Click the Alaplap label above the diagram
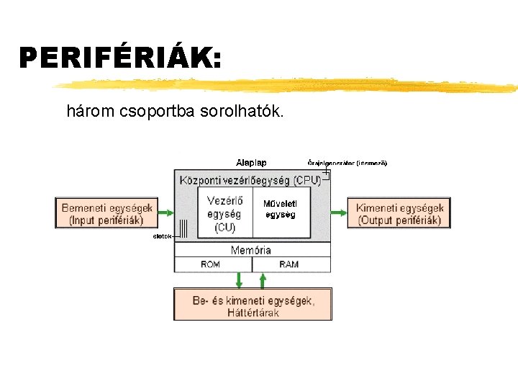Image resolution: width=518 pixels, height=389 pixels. [251, 162]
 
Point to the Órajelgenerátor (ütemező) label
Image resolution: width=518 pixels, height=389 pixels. [347, 163]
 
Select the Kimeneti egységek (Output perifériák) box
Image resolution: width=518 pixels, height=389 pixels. [399, 213]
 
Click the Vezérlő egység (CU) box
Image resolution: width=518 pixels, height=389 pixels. [224, 213]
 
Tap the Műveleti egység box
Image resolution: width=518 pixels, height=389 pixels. [281, 209]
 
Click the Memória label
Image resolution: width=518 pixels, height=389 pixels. [251, 250]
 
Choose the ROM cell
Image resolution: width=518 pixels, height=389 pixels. [211, 264]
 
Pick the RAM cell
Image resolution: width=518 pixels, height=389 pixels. [288, 264]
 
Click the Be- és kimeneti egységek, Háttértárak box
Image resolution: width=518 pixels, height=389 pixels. [253, 305]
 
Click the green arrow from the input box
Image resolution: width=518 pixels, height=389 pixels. [166, 213]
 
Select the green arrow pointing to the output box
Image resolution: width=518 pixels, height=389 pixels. [339, 213]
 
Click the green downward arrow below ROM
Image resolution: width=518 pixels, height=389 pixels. [240, 280]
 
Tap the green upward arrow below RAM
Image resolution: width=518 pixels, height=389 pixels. [263, 280]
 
